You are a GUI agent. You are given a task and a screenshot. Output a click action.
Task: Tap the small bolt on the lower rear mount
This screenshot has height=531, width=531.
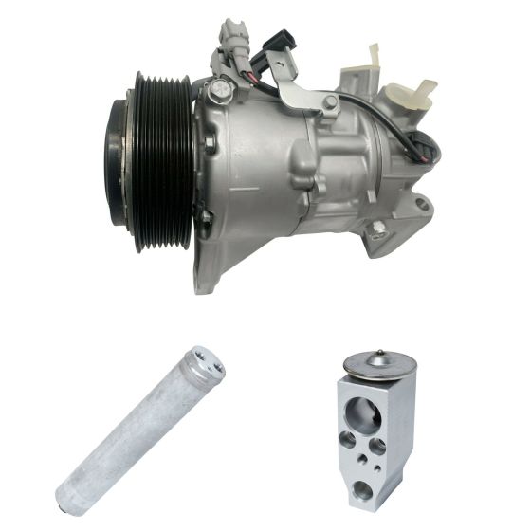pyautogui.click(x=378, y=228)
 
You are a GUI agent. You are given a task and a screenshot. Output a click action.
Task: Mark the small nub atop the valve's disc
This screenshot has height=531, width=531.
pyautogui.click(x=379, y=354)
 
